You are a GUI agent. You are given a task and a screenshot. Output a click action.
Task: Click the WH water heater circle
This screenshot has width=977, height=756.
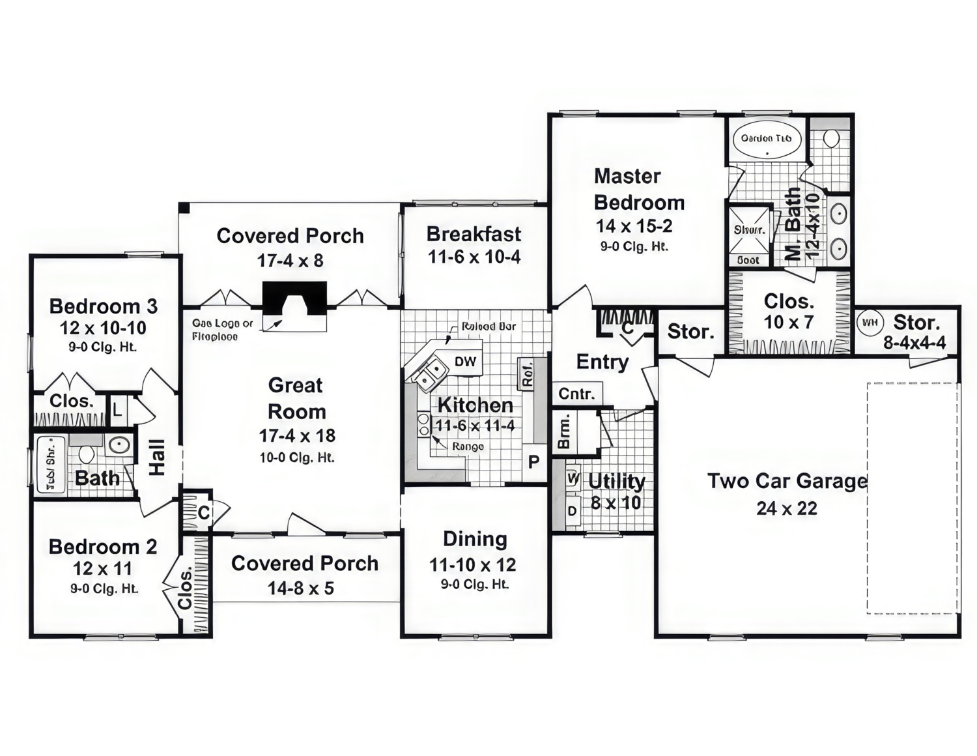(x=870, y=322)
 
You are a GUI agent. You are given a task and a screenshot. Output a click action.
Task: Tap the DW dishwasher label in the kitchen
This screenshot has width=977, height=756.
(x=465, y=362)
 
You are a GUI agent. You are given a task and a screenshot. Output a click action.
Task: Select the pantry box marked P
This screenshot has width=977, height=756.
(x=533, y=462)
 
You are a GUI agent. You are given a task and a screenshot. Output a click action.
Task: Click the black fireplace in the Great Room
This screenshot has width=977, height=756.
(x=294, y=298)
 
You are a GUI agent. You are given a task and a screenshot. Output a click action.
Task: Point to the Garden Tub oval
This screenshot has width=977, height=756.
(x=767, y=139)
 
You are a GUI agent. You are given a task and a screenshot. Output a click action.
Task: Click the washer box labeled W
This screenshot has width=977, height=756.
(x=573, y=479)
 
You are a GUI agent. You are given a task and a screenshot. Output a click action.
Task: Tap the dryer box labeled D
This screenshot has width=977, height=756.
(x=572, y=511)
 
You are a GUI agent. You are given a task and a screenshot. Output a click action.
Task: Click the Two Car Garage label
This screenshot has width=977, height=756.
(x=787, y=482)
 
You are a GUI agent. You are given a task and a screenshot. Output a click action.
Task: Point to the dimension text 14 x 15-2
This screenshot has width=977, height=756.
(x=634, y=226)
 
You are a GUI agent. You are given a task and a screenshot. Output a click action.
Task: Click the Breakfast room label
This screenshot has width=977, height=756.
(x=474, y=234)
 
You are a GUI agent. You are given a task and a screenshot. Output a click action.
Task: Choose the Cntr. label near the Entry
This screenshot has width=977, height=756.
(x=576, y=394)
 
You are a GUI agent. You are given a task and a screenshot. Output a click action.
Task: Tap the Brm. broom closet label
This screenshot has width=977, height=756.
(x=564, y=432)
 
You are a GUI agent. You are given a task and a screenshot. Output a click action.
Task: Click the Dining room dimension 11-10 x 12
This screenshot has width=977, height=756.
(x=473, y=564)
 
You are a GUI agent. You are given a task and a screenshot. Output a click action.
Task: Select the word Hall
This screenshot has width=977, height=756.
(x=157, y=457)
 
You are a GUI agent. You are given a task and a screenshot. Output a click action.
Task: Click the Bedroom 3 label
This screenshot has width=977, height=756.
(x=104, y=306)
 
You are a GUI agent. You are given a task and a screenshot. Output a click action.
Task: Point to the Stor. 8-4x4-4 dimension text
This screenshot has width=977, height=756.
(x=914, y=343)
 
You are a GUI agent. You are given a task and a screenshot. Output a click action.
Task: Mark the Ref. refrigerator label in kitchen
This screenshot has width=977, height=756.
(x=527, y=374)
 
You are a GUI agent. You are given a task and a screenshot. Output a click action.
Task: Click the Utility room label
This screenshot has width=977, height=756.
(x=616, y=482)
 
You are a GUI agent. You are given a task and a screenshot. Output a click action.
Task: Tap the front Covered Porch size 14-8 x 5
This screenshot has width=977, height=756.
(x=300, y=589)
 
